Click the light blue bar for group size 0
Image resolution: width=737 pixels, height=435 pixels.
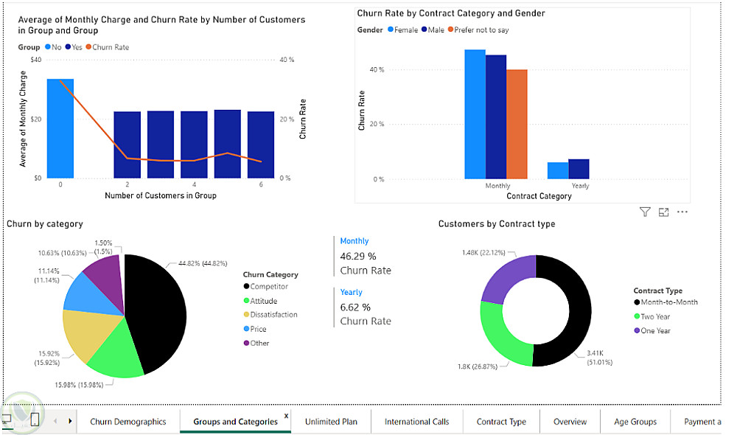(x=60, y=128)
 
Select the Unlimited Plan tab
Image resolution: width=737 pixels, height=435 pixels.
(x=331, y=422)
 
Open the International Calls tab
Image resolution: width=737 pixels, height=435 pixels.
(x=416, y=422)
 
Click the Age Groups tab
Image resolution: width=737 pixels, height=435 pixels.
(x=635, y=422)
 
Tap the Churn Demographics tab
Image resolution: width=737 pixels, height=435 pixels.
(x=128, y=422)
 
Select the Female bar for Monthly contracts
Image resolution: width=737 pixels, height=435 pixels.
(x=475, y=114)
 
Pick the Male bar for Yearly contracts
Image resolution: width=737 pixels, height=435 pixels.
(x=579, y=169)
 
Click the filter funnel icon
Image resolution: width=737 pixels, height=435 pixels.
(x=645, y=212)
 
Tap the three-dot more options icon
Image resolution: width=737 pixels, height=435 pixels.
(x=682, y=212)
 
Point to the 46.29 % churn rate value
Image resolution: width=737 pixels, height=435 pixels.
(x=358, y=256)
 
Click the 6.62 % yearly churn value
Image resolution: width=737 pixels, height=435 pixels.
(x=355, y=307)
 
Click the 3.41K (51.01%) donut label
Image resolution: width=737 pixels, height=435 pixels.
(x=599, y=357)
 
